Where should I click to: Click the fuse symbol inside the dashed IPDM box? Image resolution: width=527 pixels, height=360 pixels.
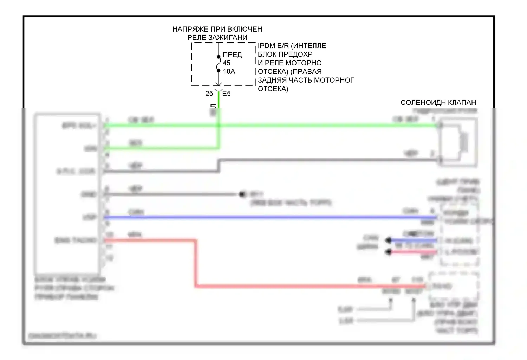click(x=219, y=64)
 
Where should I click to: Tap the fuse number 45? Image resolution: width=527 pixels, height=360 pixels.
click(x=227, y=63)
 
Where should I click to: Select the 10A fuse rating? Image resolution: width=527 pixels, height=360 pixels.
click(x=229, y=71)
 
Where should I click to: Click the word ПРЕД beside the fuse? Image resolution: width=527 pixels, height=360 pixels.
click(x=232, y=54)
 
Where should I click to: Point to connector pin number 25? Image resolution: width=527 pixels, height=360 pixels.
click(x=209, y=94)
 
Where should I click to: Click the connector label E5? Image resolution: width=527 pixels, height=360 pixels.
click(x=227, y=94)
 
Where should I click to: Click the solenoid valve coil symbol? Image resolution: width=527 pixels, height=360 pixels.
click(x=463, y=142)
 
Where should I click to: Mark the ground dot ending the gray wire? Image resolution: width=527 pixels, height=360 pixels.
click(x=242, y=194)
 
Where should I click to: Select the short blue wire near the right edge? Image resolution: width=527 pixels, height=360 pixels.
click(x=413, y=240)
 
